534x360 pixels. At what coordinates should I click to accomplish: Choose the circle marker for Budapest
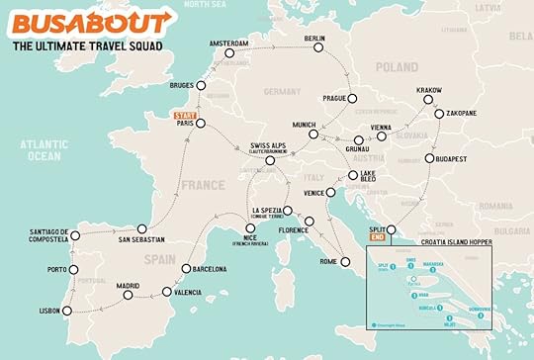[x=429, y=158]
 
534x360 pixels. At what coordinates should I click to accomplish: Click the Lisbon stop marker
[x=67, y=310]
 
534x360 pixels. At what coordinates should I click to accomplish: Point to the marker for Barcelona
[x=185, y=269]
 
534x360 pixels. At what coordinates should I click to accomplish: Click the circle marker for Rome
[x=345, y=262]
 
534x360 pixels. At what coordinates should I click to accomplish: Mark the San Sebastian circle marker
[x=142, y=227]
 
